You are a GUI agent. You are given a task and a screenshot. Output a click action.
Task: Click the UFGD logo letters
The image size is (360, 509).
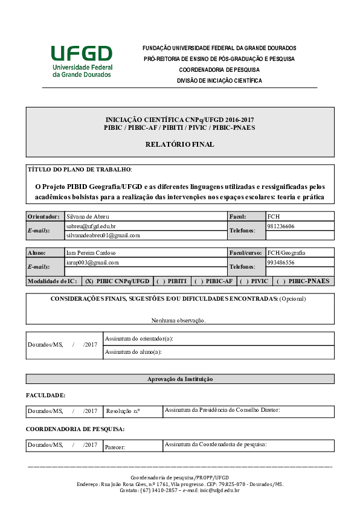(x=82, y=54)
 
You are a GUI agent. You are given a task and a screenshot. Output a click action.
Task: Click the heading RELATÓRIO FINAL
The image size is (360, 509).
(x=179, y=144)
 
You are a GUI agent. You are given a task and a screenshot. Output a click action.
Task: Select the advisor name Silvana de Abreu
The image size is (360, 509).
(x=88, y=216)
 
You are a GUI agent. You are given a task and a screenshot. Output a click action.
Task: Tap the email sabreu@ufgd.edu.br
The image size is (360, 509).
(x=91, y=226)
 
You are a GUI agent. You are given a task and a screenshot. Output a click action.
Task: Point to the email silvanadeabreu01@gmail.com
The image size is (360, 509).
(x=103, y=235)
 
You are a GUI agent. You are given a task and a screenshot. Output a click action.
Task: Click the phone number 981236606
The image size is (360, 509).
(x=281, y=226)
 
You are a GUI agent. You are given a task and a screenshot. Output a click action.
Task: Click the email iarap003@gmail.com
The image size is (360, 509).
(x=92, y=263)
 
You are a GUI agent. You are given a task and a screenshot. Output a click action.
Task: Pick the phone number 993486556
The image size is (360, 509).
(x=281, y=263)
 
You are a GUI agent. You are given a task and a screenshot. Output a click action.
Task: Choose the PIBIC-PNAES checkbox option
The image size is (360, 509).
(x=303, y=281)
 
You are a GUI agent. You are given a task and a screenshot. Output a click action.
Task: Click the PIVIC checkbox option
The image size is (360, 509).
(x=254, y=281)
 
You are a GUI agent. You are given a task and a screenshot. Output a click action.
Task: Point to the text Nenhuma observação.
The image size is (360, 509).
(x=179, y=320)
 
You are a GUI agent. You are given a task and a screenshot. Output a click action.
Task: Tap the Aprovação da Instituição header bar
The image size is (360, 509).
(x=180, y=379)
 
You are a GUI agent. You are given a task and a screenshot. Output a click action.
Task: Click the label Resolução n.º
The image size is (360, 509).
(x=123, y=411)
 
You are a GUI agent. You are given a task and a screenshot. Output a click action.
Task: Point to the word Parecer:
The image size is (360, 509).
(x=115, y=447)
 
